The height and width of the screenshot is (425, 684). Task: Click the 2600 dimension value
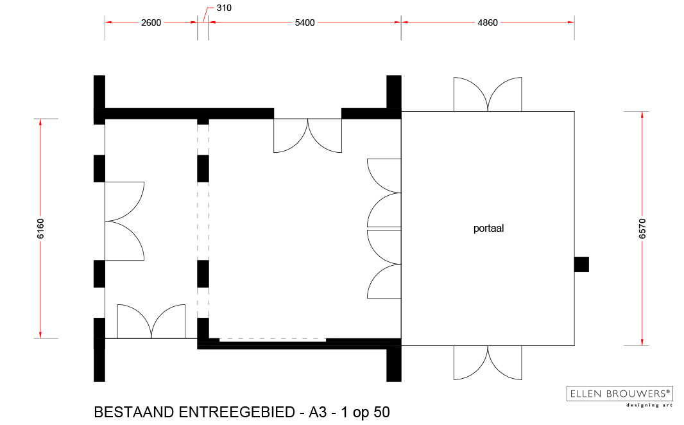coord(151,22)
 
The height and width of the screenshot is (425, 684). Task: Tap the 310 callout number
coord(224,8)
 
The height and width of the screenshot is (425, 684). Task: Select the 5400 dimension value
coord(305,22)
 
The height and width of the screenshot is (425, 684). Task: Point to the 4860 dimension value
coord(487,22)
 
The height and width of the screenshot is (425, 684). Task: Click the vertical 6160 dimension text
coord(40,229)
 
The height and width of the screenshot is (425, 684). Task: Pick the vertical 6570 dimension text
coord(642,229)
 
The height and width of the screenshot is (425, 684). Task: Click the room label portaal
coord(488,228)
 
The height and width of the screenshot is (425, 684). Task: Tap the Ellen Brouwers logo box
coord(619,394)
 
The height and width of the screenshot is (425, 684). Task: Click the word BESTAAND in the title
coord(134,412)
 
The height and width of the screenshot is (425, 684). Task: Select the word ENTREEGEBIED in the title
coord(237,412)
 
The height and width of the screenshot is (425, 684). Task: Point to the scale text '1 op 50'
coord(365,412)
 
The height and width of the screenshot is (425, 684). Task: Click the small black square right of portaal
coord(581,265)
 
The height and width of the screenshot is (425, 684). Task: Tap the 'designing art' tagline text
coord(649,405)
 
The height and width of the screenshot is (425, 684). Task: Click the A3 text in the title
coord(318,412)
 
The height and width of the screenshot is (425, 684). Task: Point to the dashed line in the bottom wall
coord(273,339)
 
